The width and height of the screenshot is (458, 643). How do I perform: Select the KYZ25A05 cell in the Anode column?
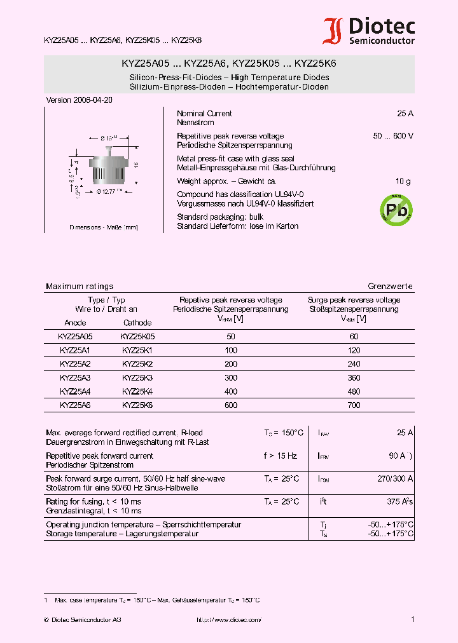(x=75, y=337)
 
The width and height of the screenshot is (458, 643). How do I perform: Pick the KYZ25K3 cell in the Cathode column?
(x=137, y=377)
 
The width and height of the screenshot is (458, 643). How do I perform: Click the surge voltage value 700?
(x=354, y=405)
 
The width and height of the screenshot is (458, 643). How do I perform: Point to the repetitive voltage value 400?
(x=230, y=391)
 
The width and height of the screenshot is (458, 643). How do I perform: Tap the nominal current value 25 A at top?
(x=405, y=114)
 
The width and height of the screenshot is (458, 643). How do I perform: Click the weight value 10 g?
(x=403, y=181)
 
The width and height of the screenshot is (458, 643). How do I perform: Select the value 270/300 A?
(x=395, y=478)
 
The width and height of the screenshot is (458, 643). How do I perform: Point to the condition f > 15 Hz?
(x=280, y=456)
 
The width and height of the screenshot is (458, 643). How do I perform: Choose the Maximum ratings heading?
(x=80, y=287)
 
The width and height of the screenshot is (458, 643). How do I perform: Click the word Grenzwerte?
(x=390, y=287)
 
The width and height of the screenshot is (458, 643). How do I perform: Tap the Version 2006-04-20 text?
(x=80, y=100)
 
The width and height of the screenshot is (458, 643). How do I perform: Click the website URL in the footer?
(x=228, y=619)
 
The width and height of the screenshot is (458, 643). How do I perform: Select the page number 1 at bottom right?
(x=412, y=619)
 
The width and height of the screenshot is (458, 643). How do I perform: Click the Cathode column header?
(x=137, y=323)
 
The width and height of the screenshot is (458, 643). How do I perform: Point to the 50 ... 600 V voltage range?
(x=393, y=136)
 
